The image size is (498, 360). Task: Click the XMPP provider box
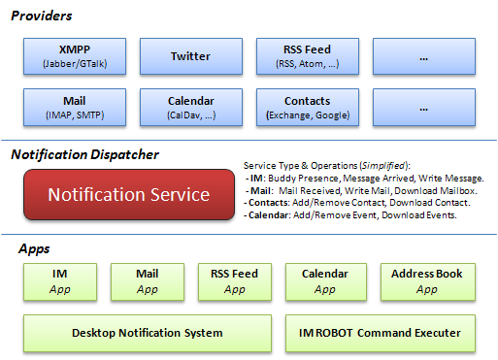[75, 56]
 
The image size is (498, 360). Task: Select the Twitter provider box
[191, 56]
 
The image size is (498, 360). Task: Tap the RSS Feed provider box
[308, 56]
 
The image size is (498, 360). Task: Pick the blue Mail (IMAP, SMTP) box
[75, 108]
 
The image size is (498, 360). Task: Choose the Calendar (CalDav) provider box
[191, 108]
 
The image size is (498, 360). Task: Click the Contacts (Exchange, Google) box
[308, 108]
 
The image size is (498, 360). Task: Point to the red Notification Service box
[129, 195]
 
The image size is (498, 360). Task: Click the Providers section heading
[42, 16]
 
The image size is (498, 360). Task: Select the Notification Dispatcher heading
[84, 154]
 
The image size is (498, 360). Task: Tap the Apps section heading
[34, 249]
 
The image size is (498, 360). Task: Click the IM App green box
[60, 282]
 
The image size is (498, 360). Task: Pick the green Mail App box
[148, 282]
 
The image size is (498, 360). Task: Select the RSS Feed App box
[235, 282]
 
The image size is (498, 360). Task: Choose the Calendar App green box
[326, 282]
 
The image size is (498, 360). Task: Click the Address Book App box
[428, 282]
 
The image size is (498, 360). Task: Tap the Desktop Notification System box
[148, 333]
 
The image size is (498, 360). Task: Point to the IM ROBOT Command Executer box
[381, 333]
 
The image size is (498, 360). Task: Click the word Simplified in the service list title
[383, 166]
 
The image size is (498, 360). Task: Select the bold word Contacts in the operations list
[268, 203]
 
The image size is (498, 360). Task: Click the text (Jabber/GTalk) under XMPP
[75, 64]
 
